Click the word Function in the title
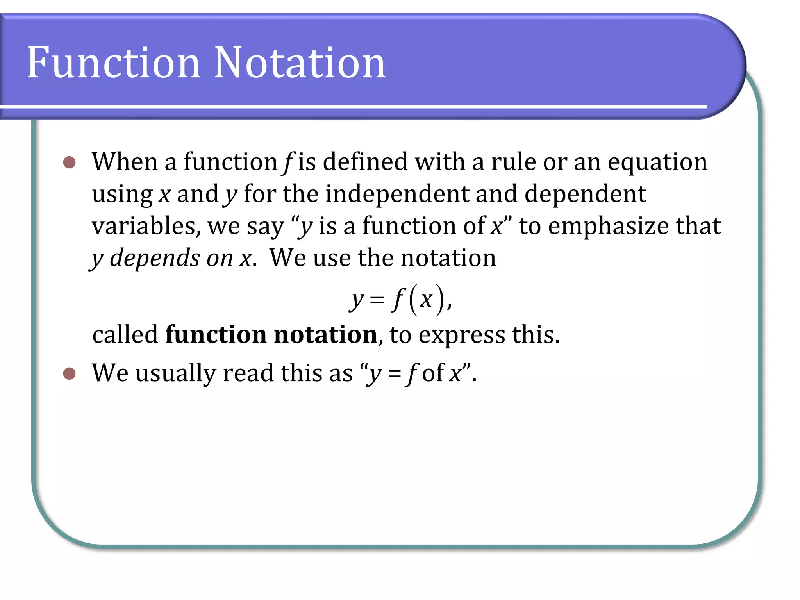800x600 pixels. (113, 62)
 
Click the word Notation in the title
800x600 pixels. (300, 62)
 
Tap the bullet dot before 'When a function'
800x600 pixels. (69, 162)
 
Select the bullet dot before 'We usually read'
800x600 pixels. (69, 373)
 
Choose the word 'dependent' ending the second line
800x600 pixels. (585, 194)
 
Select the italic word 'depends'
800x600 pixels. (155, 259)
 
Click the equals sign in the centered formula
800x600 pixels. (377, 300)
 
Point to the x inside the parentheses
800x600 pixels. (426, 299)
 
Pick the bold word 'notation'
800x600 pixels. (325, 335)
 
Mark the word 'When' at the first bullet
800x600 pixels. (125, 162)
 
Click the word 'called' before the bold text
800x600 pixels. (125, 335)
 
